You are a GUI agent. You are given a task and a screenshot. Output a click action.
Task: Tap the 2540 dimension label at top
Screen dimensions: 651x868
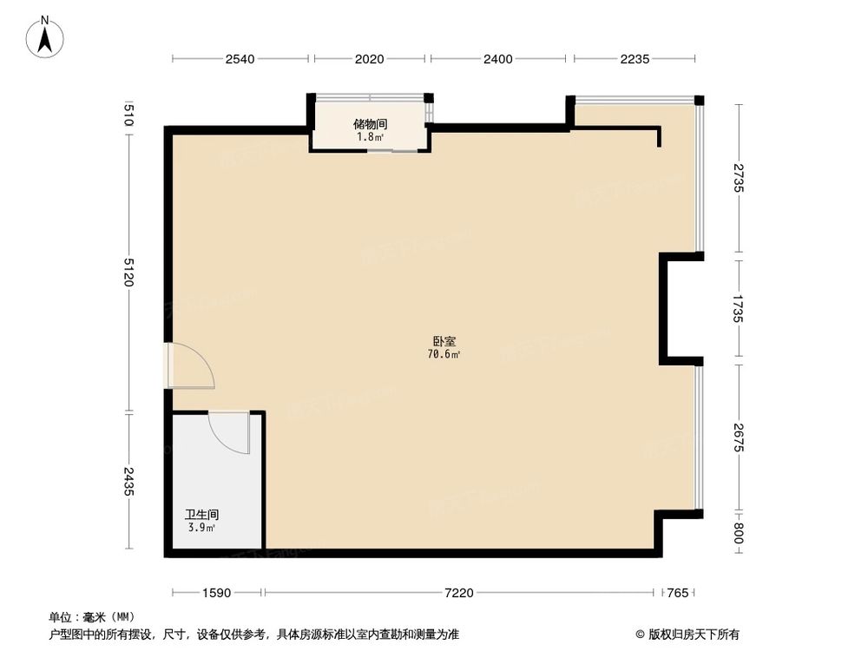(240, 59)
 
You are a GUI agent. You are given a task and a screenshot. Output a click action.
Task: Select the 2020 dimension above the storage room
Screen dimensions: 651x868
(369, 59)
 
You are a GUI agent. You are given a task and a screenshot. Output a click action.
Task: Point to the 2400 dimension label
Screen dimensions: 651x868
(498, 59)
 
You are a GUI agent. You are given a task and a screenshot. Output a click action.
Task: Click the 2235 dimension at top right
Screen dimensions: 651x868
(635, 59)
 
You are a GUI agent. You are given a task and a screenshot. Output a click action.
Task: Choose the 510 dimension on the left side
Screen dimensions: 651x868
(128, 115)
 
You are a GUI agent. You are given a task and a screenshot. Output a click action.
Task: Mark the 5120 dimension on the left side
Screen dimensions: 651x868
(128, 272)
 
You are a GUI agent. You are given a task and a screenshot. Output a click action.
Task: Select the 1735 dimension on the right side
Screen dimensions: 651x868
(738, 308)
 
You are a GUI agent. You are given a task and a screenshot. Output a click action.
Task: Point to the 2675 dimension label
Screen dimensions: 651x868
(738, 437)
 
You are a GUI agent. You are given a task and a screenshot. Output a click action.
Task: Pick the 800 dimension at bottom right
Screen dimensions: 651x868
(738, 532)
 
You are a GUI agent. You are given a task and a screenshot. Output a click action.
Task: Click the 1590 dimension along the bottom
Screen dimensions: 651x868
(217, 593)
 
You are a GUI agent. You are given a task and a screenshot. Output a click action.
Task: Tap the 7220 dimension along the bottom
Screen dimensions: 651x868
(459, 593)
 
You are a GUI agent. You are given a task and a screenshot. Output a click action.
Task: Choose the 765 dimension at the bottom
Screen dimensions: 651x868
(679, 593)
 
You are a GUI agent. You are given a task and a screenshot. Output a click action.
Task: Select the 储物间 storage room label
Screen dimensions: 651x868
(370, 124)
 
